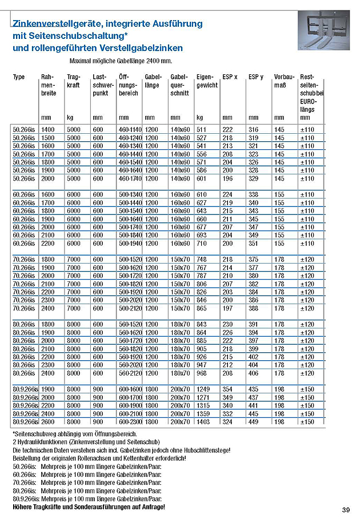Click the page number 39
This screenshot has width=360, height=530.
(346, 510)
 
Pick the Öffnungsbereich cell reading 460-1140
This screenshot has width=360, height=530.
(130, 130)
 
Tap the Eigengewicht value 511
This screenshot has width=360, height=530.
(202, 130)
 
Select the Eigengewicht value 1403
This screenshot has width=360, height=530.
(204, 422)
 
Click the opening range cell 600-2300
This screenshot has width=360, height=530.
(130, 422)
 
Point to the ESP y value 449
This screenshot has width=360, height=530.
(253, 422)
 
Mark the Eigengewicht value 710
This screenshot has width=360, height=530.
(202, 244)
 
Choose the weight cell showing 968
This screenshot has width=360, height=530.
(202, 373)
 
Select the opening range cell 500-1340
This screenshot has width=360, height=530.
(130, 194)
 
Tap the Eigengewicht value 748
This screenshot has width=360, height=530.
(202, 260)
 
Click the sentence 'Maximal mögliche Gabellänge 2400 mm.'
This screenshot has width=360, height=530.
(121, 60)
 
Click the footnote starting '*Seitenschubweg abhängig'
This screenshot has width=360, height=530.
(71, 435)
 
